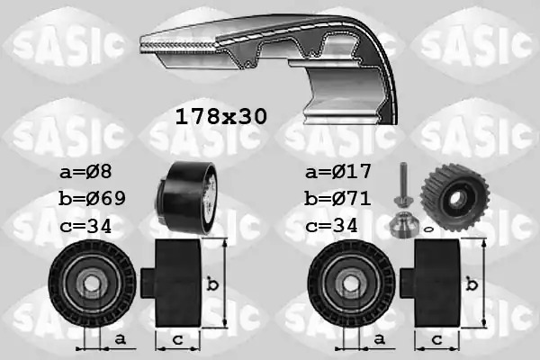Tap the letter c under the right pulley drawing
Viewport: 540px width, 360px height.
click(x=435, y=338)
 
